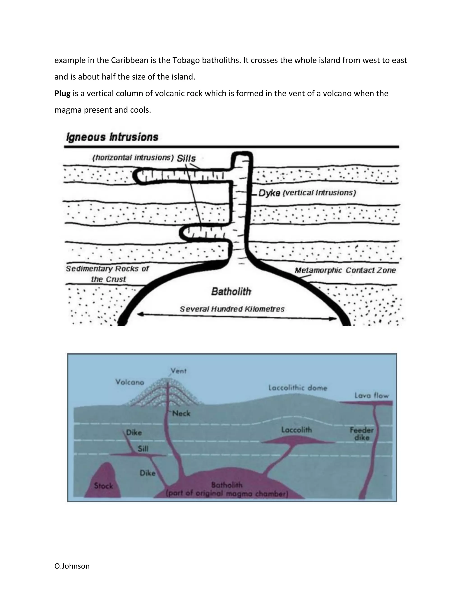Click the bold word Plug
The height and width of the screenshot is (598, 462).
62,94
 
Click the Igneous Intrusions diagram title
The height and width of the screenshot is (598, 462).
112,137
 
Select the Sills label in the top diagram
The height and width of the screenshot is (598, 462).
186,158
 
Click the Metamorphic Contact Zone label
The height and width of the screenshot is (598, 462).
345,270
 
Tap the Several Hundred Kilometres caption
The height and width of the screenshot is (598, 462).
232,309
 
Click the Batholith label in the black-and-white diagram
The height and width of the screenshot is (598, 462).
231,292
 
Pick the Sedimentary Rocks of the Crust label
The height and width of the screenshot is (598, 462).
108,274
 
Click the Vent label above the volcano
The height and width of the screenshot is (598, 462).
178,371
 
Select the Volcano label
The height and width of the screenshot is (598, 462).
129,382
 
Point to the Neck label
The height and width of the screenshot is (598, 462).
181,413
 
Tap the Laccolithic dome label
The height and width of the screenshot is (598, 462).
298,388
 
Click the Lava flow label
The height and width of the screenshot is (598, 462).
371,395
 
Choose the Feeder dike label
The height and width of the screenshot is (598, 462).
362,434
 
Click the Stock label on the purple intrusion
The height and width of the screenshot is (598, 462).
104,486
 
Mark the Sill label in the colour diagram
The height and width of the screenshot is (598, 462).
143,449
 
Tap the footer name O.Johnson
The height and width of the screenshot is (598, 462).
72,566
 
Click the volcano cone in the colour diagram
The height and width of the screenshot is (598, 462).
164,394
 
